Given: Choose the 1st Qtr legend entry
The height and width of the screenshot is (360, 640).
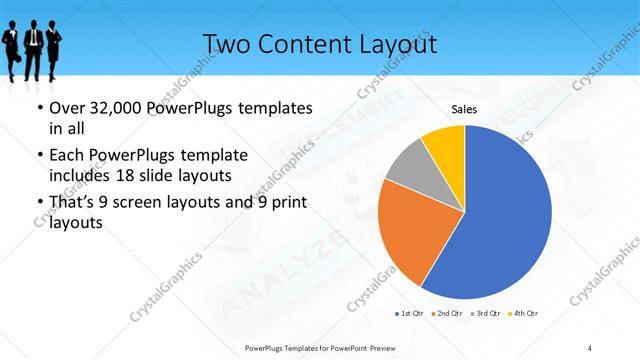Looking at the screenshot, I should coord(409,313).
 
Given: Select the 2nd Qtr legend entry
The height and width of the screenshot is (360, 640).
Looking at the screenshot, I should coord(446,313).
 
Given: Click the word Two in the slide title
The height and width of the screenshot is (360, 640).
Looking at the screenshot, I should coord(227,44).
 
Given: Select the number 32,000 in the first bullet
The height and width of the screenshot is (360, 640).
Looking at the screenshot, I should coord(115,107).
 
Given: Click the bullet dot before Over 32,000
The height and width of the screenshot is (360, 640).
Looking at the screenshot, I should coord(39,107).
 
